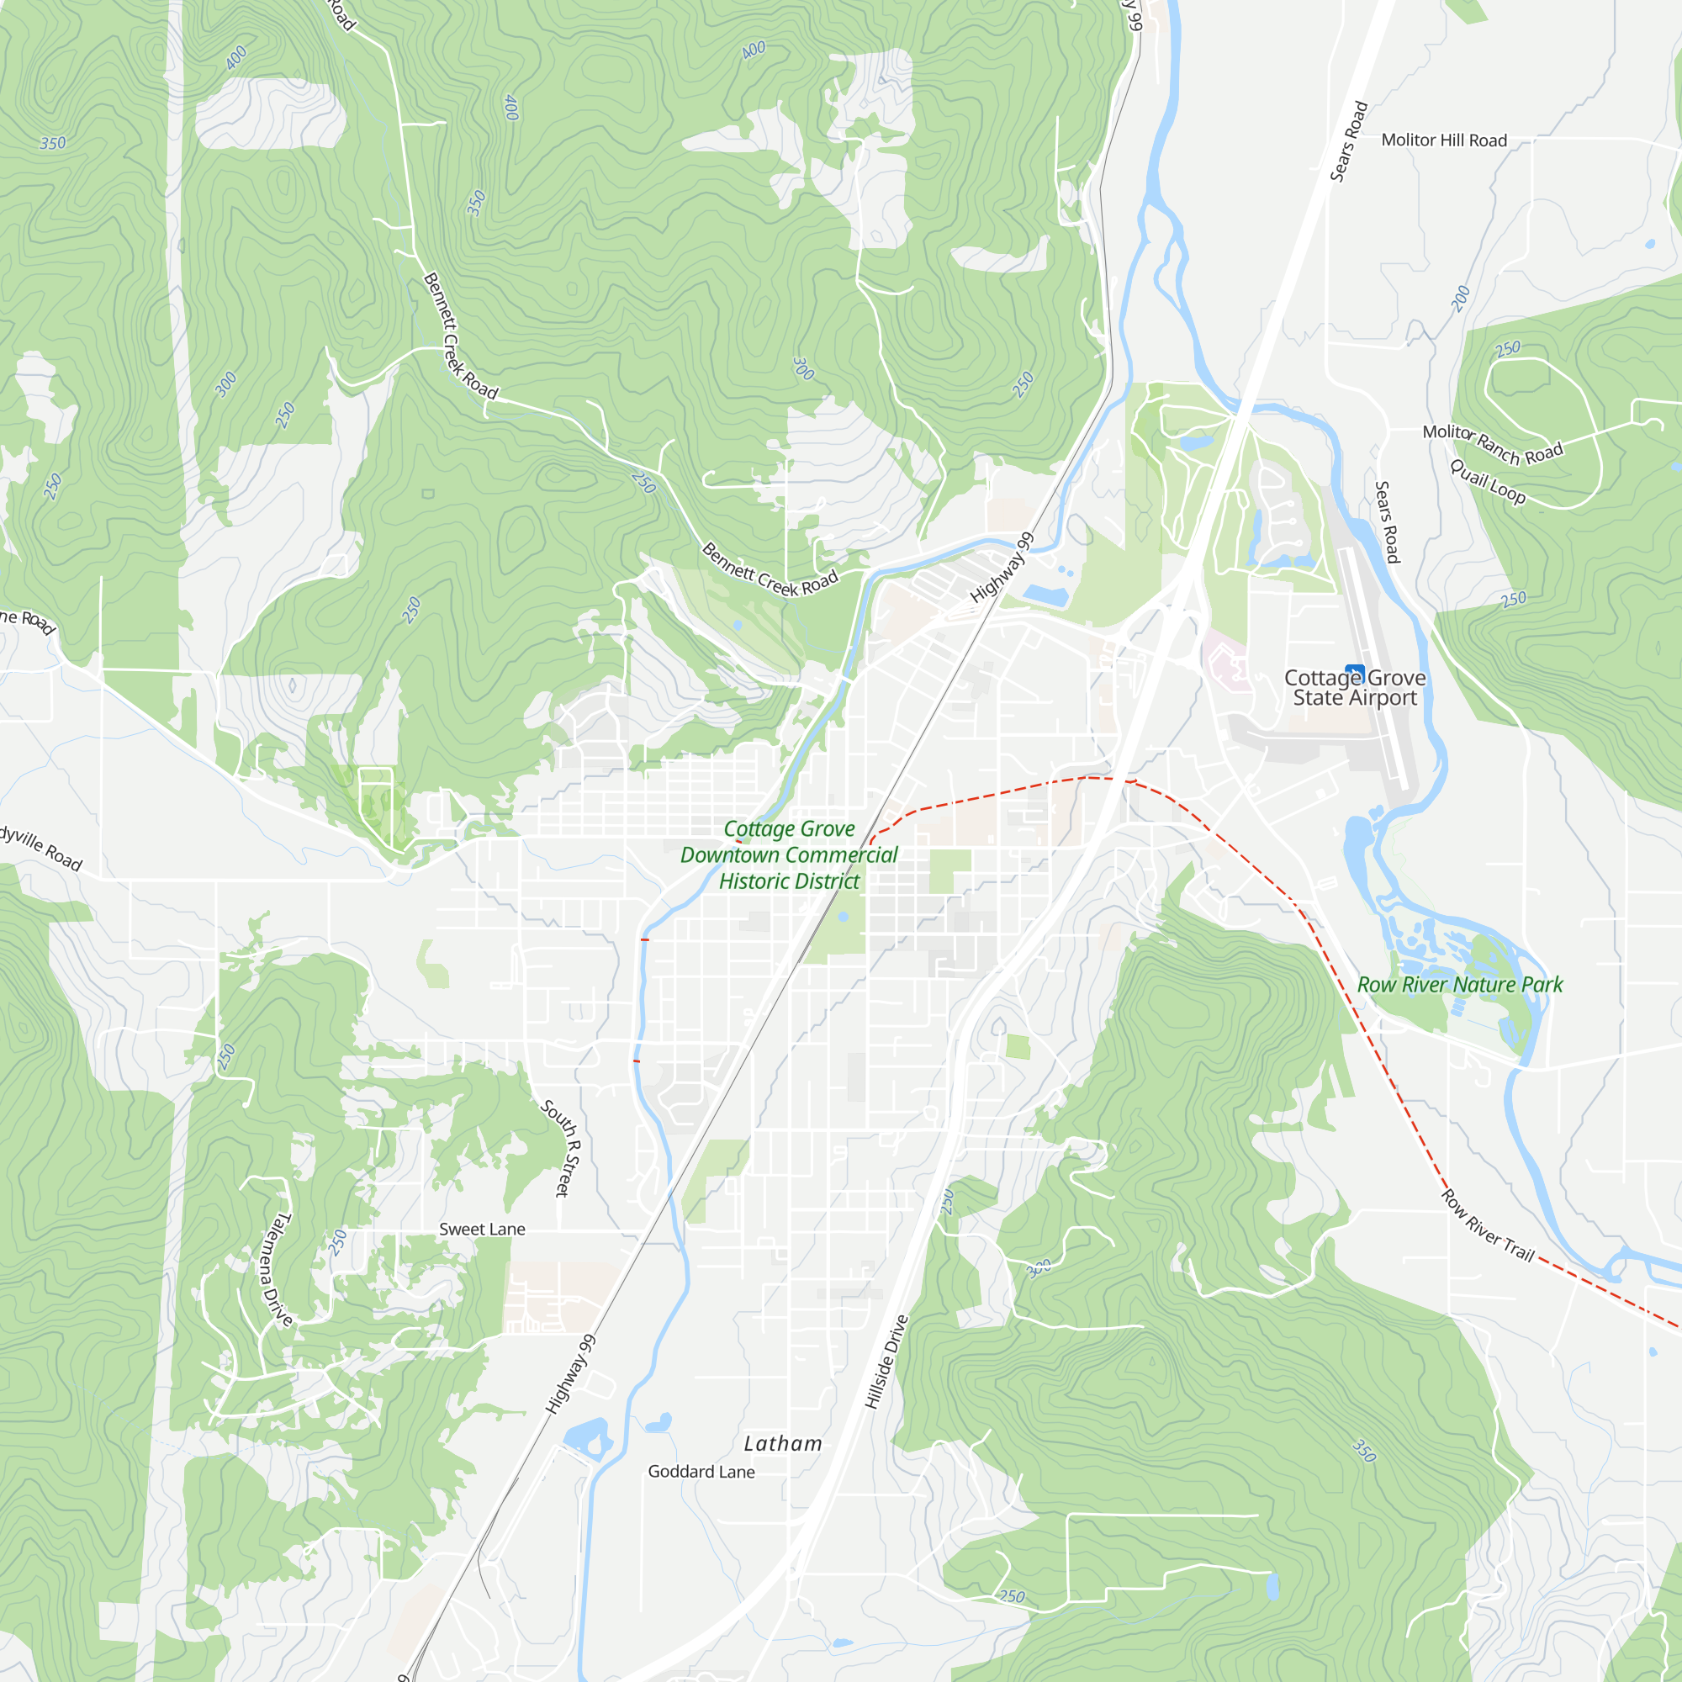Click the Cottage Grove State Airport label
tap(1355, 688)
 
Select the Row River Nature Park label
tap(1460, 985)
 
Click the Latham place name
tap(783, 1443)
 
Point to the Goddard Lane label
tap(701, 1471)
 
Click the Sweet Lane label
tap(481, 1230)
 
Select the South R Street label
tap(562, 1147)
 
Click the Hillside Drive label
tap(886, 1362)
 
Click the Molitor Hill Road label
tap(1443, 140)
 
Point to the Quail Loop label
tap(1487, 481)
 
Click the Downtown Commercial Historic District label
tap(789, 855)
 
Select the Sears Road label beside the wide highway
tap(1349, 142)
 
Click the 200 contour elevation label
tap(1461, 299)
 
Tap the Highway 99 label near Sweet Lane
tap(571, 1373)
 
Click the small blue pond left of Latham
tap(659, 1421)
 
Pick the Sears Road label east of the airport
tap(1387, 521)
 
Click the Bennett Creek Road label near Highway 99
tap(770, 572)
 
